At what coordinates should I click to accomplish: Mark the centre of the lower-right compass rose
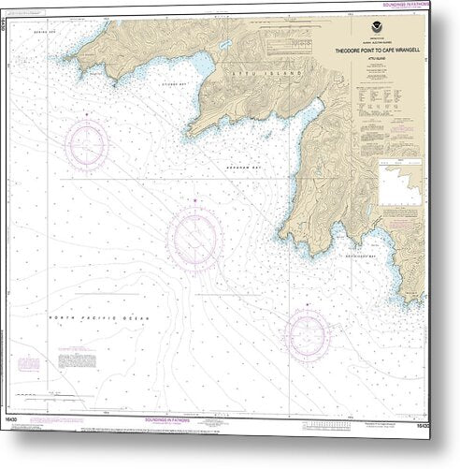pos(307,331)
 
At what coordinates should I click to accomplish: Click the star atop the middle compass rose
pos(194,200)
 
